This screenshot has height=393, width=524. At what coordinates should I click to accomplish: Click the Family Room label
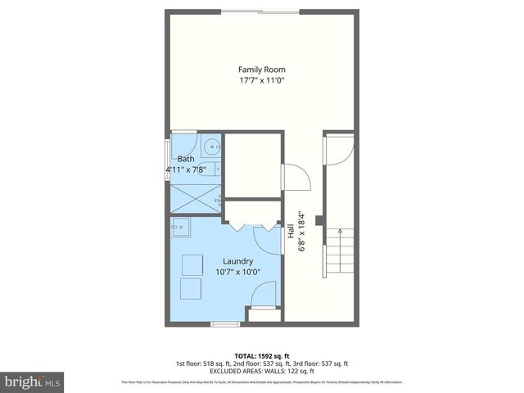point(262,70)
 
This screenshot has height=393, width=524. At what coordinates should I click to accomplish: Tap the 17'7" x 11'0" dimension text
point(262,81)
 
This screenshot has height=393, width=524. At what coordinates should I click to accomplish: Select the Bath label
point(186,159)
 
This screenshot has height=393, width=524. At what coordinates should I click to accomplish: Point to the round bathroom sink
point(213,147)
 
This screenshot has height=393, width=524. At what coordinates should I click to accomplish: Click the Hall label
point(291,231)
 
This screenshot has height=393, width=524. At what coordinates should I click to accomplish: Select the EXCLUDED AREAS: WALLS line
point(262,371)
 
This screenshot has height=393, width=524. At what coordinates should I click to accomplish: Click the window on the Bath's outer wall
point(168,160)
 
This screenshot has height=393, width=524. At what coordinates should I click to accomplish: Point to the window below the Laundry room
point(224,323)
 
